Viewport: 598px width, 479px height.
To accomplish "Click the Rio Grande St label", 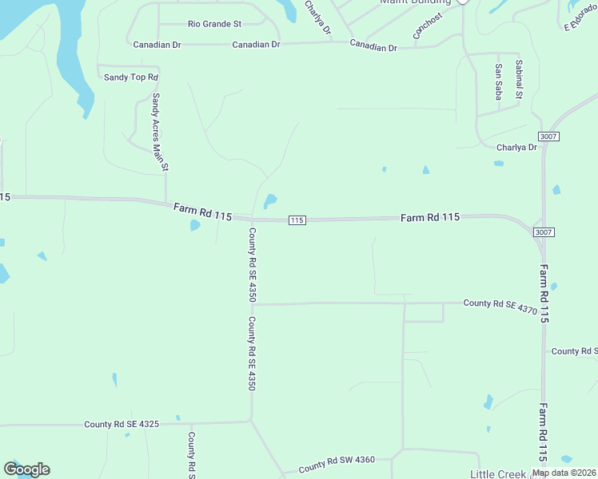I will click(x=214, y=24).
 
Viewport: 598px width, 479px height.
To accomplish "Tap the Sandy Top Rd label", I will click(x=132, y=77).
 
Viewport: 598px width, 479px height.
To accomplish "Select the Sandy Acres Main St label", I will click(x=160, y=133).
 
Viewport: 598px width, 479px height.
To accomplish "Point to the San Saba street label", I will click(x=498, y=82).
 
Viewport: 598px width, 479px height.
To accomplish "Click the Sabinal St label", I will click(x=519, y=80).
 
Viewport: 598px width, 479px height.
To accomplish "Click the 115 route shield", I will click(x=296, y=220).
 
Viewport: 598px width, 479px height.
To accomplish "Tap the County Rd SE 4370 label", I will click(x=500, y=303).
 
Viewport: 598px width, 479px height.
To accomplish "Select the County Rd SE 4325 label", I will click(x=122, y=424).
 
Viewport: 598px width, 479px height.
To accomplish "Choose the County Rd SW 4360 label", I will click(x=337, y=465).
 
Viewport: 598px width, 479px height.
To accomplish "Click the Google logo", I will click(x=26, y=469).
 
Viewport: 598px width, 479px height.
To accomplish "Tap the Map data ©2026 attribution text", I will click(x=563, y=473).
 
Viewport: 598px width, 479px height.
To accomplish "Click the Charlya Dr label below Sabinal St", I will click(x=516, y=147).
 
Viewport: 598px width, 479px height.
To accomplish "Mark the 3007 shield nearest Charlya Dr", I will click(x=548, y=137).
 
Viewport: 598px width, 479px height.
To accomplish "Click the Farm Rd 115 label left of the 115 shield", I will click(x=202, y=212).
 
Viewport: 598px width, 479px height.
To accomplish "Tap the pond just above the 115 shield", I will click(x=270, y=200).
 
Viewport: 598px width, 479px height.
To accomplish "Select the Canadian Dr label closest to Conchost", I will click(x=373, y=47).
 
